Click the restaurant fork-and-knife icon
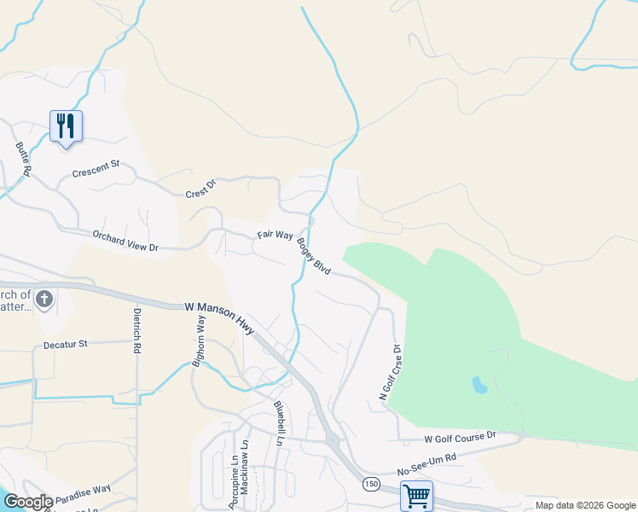(66, 126)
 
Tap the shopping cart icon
(416, 495)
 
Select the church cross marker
(45, 300)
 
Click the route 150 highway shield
(371, 484)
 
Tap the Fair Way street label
(275, 235)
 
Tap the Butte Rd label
(23, 159)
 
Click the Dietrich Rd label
(136, 331)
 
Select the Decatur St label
(66, 345)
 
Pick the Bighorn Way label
(199, 340)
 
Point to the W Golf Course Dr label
(460, 437)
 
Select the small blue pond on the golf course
(479, 385)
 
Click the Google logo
(29, 502)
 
